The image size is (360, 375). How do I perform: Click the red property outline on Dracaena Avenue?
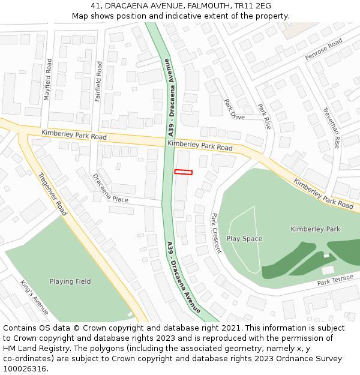(184, 172)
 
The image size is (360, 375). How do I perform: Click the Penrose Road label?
(323, 49)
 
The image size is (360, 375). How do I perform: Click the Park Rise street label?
(265, 116)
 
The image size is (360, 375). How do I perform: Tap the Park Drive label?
(235, 109)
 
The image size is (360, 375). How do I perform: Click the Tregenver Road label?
(52, 194)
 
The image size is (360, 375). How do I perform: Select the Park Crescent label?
(216, 233)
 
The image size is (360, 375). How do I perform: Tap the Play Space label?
(244, 239)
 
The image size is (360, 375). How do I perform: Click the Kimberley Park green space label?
(315, 229)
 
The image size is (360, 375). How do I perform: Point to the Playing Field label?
(70, 281)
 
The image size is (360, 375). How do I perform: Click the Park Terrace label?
(335, 280)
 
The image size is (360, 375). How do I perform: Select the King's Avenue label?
(34, 298)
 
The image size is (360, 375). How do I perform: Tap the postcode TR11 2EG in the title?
(252, 6)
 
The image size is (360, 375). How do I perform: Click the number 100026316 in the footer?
(25, 368)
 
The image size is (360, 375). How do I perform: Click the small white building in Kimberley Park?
(328, 270)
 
